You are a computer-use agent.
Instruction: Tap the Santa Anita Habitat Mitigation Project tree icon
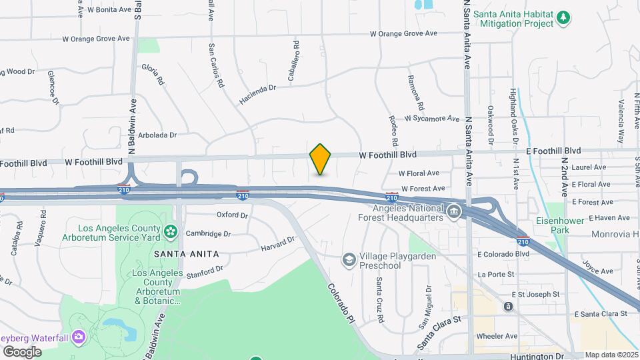pyautogui.click(x=564, y=17)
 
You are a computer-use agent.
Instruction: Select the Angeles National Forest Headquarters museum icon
pyautogui.click(x=453, y=211)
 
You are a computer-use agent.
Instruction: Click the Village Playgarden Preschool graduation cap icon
pyautogui.click(x=348, y=259)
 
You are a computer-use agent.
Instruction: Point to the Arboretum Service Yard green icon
pyautogui.click(x=171, y=231)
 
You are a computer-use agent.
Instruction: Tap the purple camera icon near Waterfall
pyautogui.click(x=79, y=337)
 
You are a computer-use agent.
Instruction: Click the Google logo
pyautogui.click(x=22, y=352)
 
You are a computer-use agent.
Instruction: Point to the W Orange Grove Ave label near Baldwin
pyautogui.click(x=96, y=39)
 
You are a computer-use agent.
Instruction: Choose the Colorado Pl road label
pyautogui.click(x=341, y=303)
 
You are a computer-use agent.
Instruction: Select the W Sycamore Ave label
pyautogui.click(x=432, y=119)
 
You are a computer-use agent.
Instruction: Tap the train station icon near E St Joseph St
pyautogui.click(x=508, y=307)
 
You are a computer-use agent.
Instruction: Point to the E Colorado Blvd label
pyautogui.click(x=503, y=254)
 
